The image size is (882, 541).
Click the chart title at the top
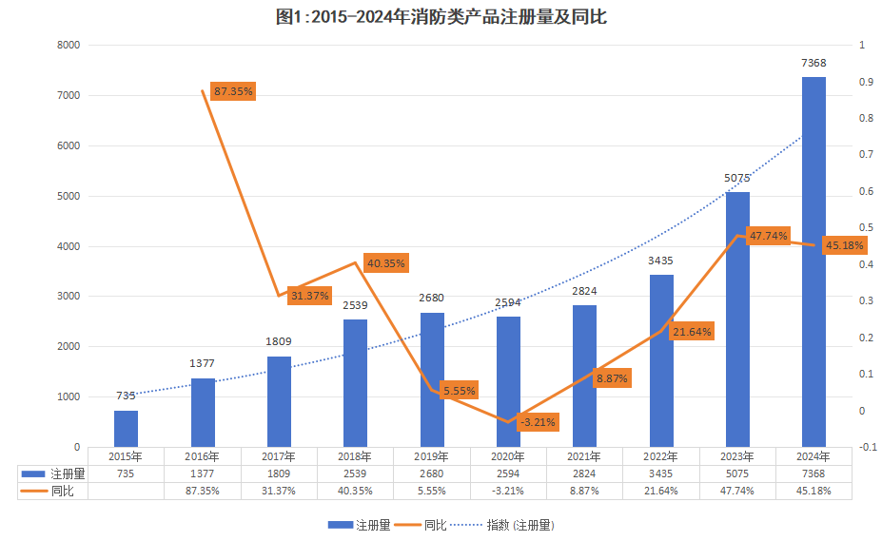pos(441,17)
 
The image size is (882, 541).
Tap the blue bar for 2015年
pos(127,429)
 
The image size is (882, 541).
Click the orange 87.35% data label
pos(233,92)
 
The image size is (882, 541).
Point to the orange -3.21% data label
pos(539,422)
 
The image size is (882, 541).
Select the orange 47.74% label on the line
pos(768,236)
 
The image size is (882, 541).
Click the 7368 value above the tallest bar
pos(813,64)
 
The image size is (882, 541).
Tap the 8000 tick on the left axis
pos(69,45)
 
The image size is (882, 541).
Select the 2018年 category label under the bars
pos(355,456)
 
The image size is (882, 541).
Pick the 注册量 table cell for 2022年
pos(660,473)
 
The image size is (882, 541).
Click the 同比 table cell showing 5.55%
pos(431,491)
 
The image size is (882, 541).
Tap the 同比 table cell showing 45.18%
pos(813,491)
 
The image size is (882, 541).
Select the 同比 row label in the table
pos(62,491)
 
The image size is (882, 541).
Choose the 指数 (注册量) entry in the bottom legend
pos(520,525)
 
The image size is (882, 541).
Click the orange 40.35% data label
pos(384,263)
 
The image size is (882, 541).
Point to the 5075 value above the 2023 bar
pos(737,178)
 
